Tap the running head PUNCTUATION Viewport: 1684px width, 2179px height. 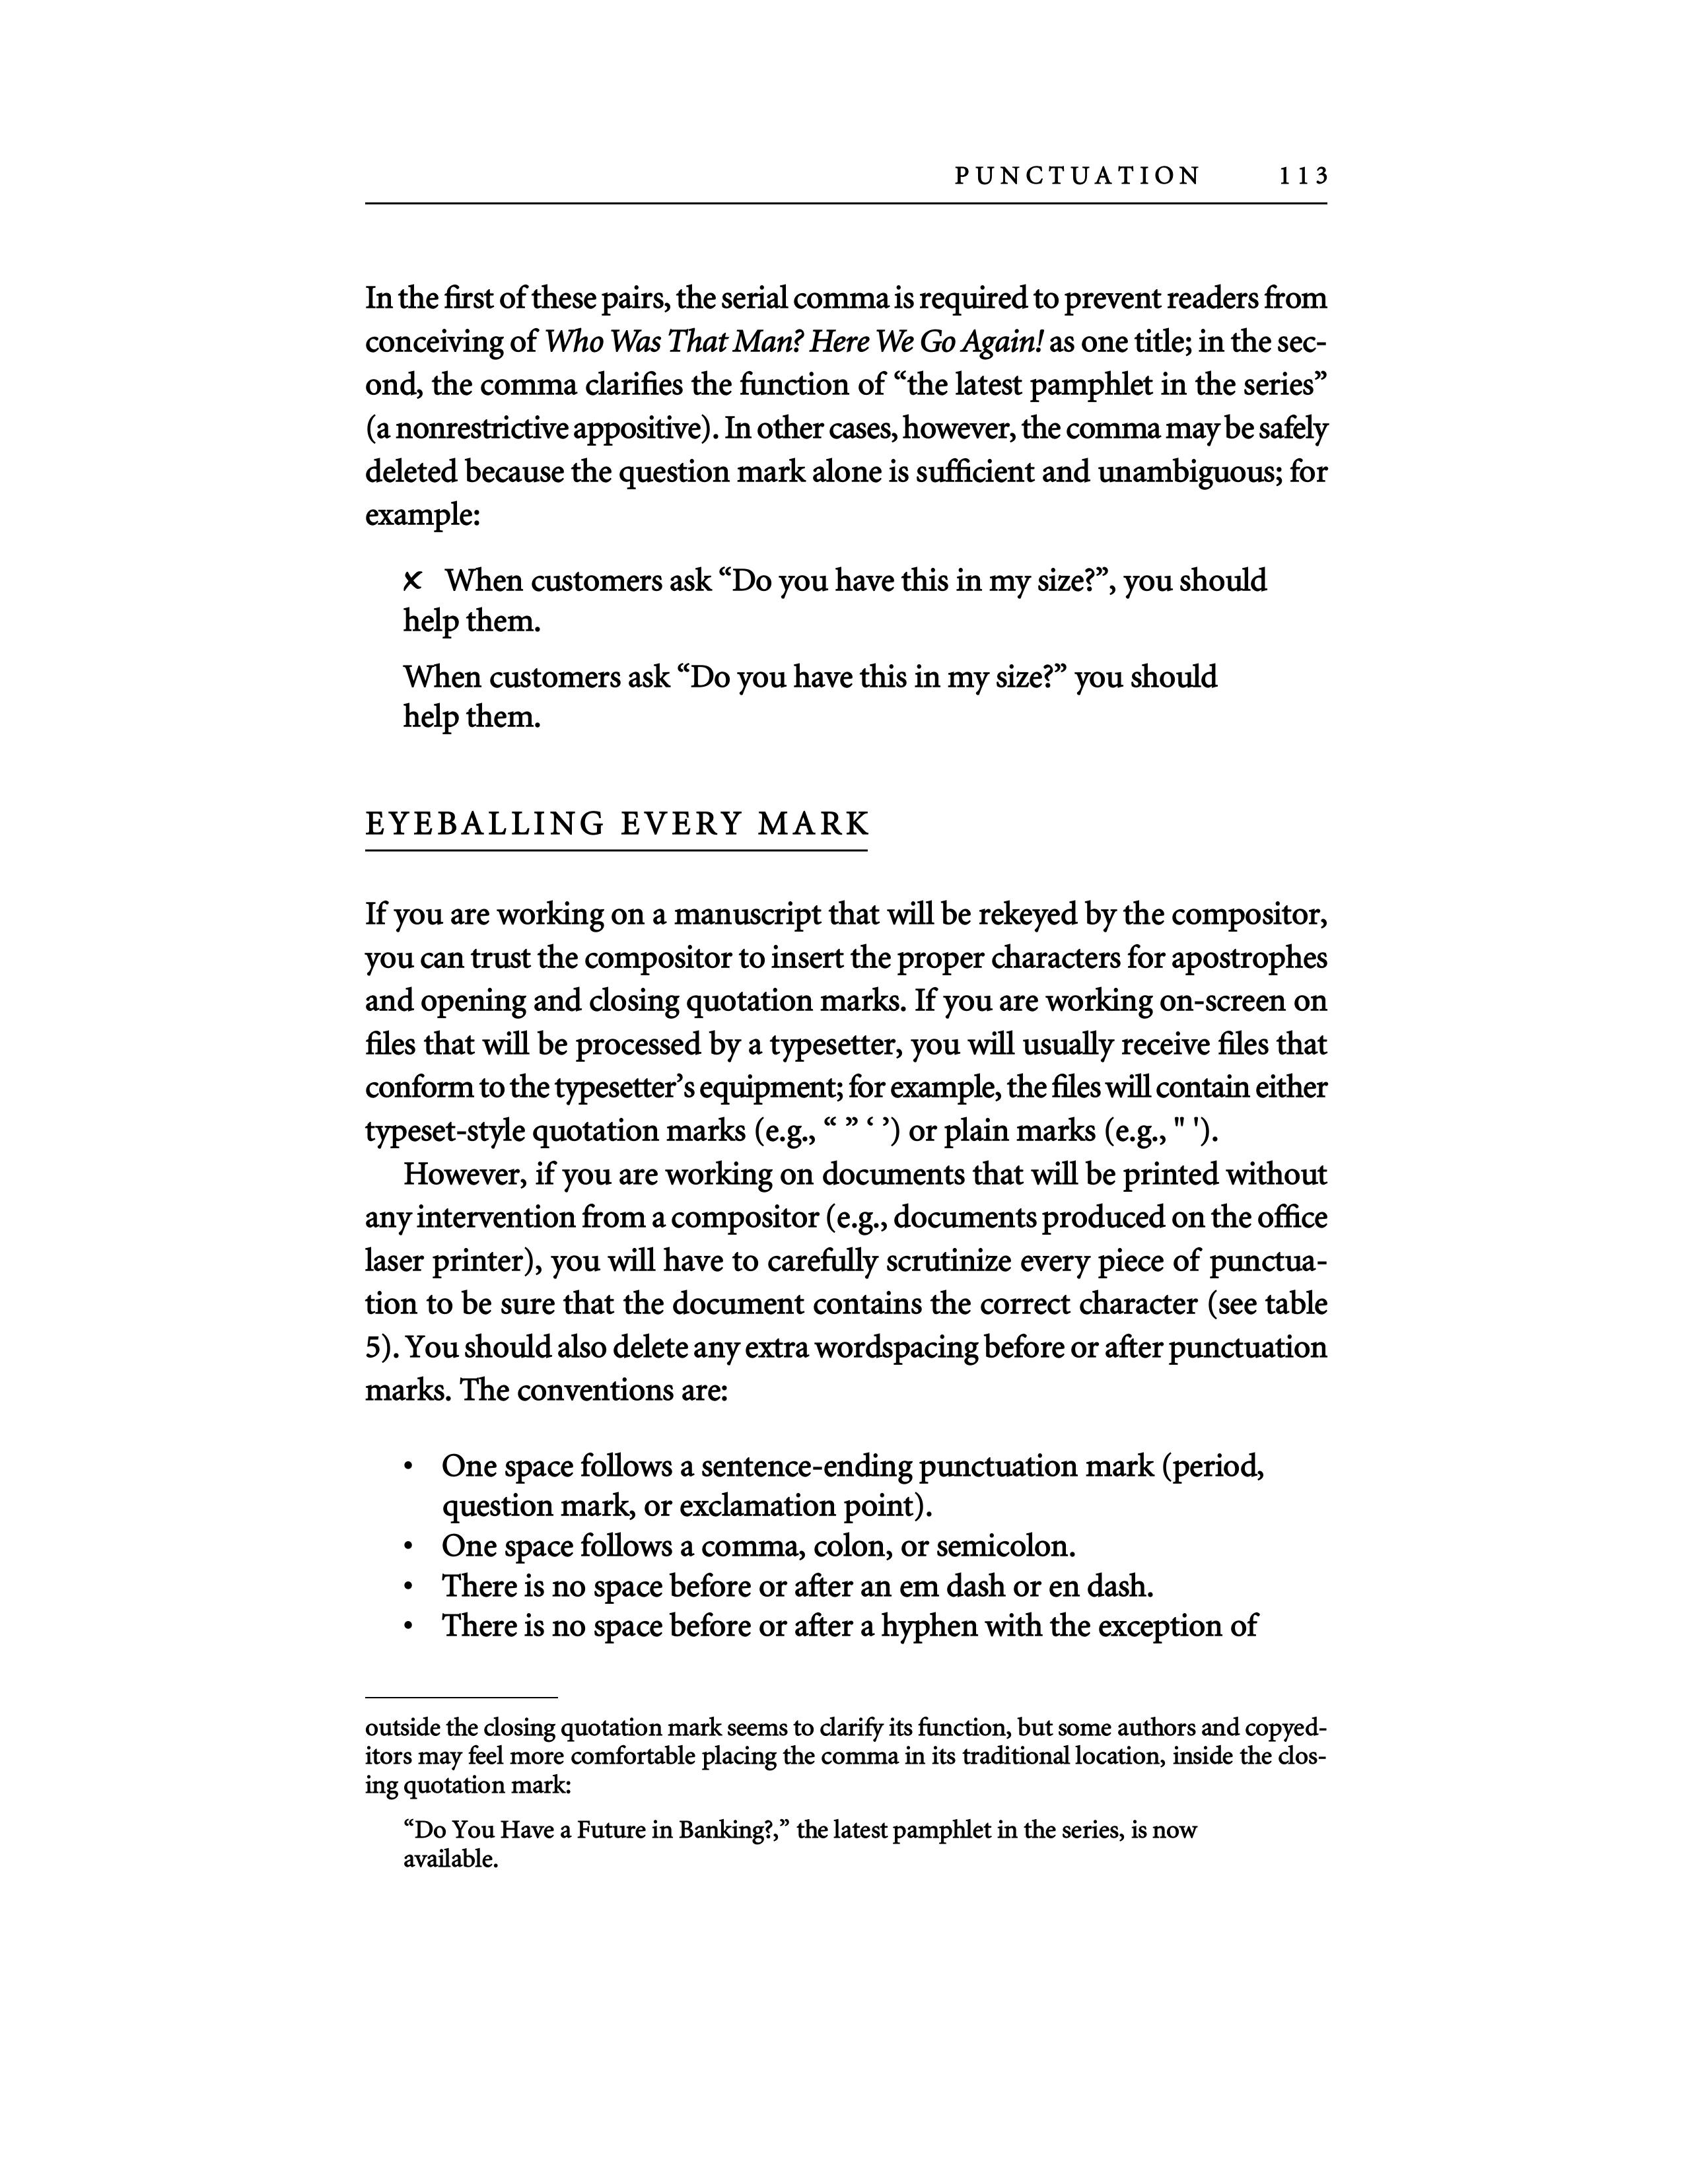coord(1078,176)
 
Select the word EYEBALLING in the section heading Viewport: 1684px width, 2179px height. coord(485,824)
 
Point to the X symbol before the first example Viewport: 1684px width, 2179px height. coord(413,580)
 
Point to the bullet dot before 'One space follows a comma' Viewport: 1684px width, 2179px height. coord(409,1548)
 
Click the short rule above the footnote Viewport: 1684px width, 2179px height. coord(461,1696)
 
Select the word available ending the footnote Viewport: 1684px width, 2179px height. coord(449,1859)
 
